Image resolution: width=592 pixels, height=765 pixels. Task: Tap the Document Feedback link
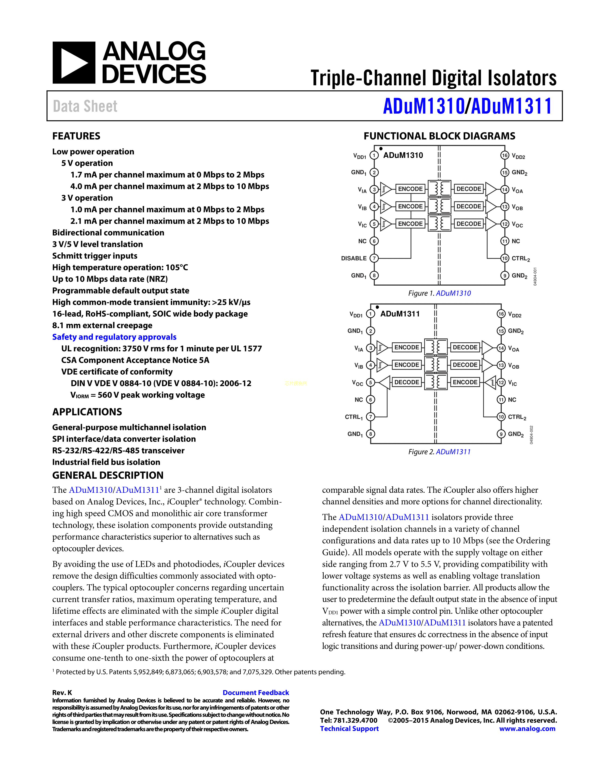coord(256,692)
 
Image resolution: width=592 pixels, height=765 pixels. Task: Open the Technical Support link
coord(349,729)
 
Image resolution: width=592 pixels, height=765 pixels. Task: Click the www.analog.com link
coord(527,729)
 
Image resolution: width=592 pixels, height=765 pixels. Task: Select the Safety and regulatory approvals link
coord(114,337)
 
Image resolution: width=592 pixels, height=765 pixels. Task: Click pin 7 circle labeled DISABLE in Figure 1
coord(374,258)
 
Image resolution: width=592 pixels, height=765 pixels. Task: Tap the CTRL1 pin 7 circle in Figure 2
coord(370,417)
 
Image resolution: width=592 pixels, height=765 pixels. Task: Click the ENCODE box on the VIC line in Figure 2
coord(465,382)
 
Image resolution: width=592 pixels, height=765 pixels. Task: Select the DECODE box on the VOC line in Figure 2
coord(407,382)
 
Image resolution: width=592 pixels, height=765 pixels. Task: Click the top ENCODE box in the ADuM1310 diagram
coord(410,189)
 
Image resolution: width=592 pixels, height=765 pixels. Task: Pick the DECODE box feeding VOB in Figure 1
coord(469,206)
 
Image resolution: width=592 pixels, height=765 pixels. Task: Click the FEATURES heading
coord(76,136)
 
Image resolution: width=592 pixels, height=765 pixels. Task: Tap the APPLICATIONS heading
coord(87,412)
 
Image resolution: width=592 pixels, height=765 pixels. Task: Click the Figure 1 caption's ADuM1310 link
coord(453,293)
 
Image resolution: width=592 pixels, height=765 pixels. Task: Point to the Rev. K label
coord(62,692)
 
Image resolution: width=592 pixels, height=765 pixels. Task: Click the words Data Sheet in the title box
coord(85,106)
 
